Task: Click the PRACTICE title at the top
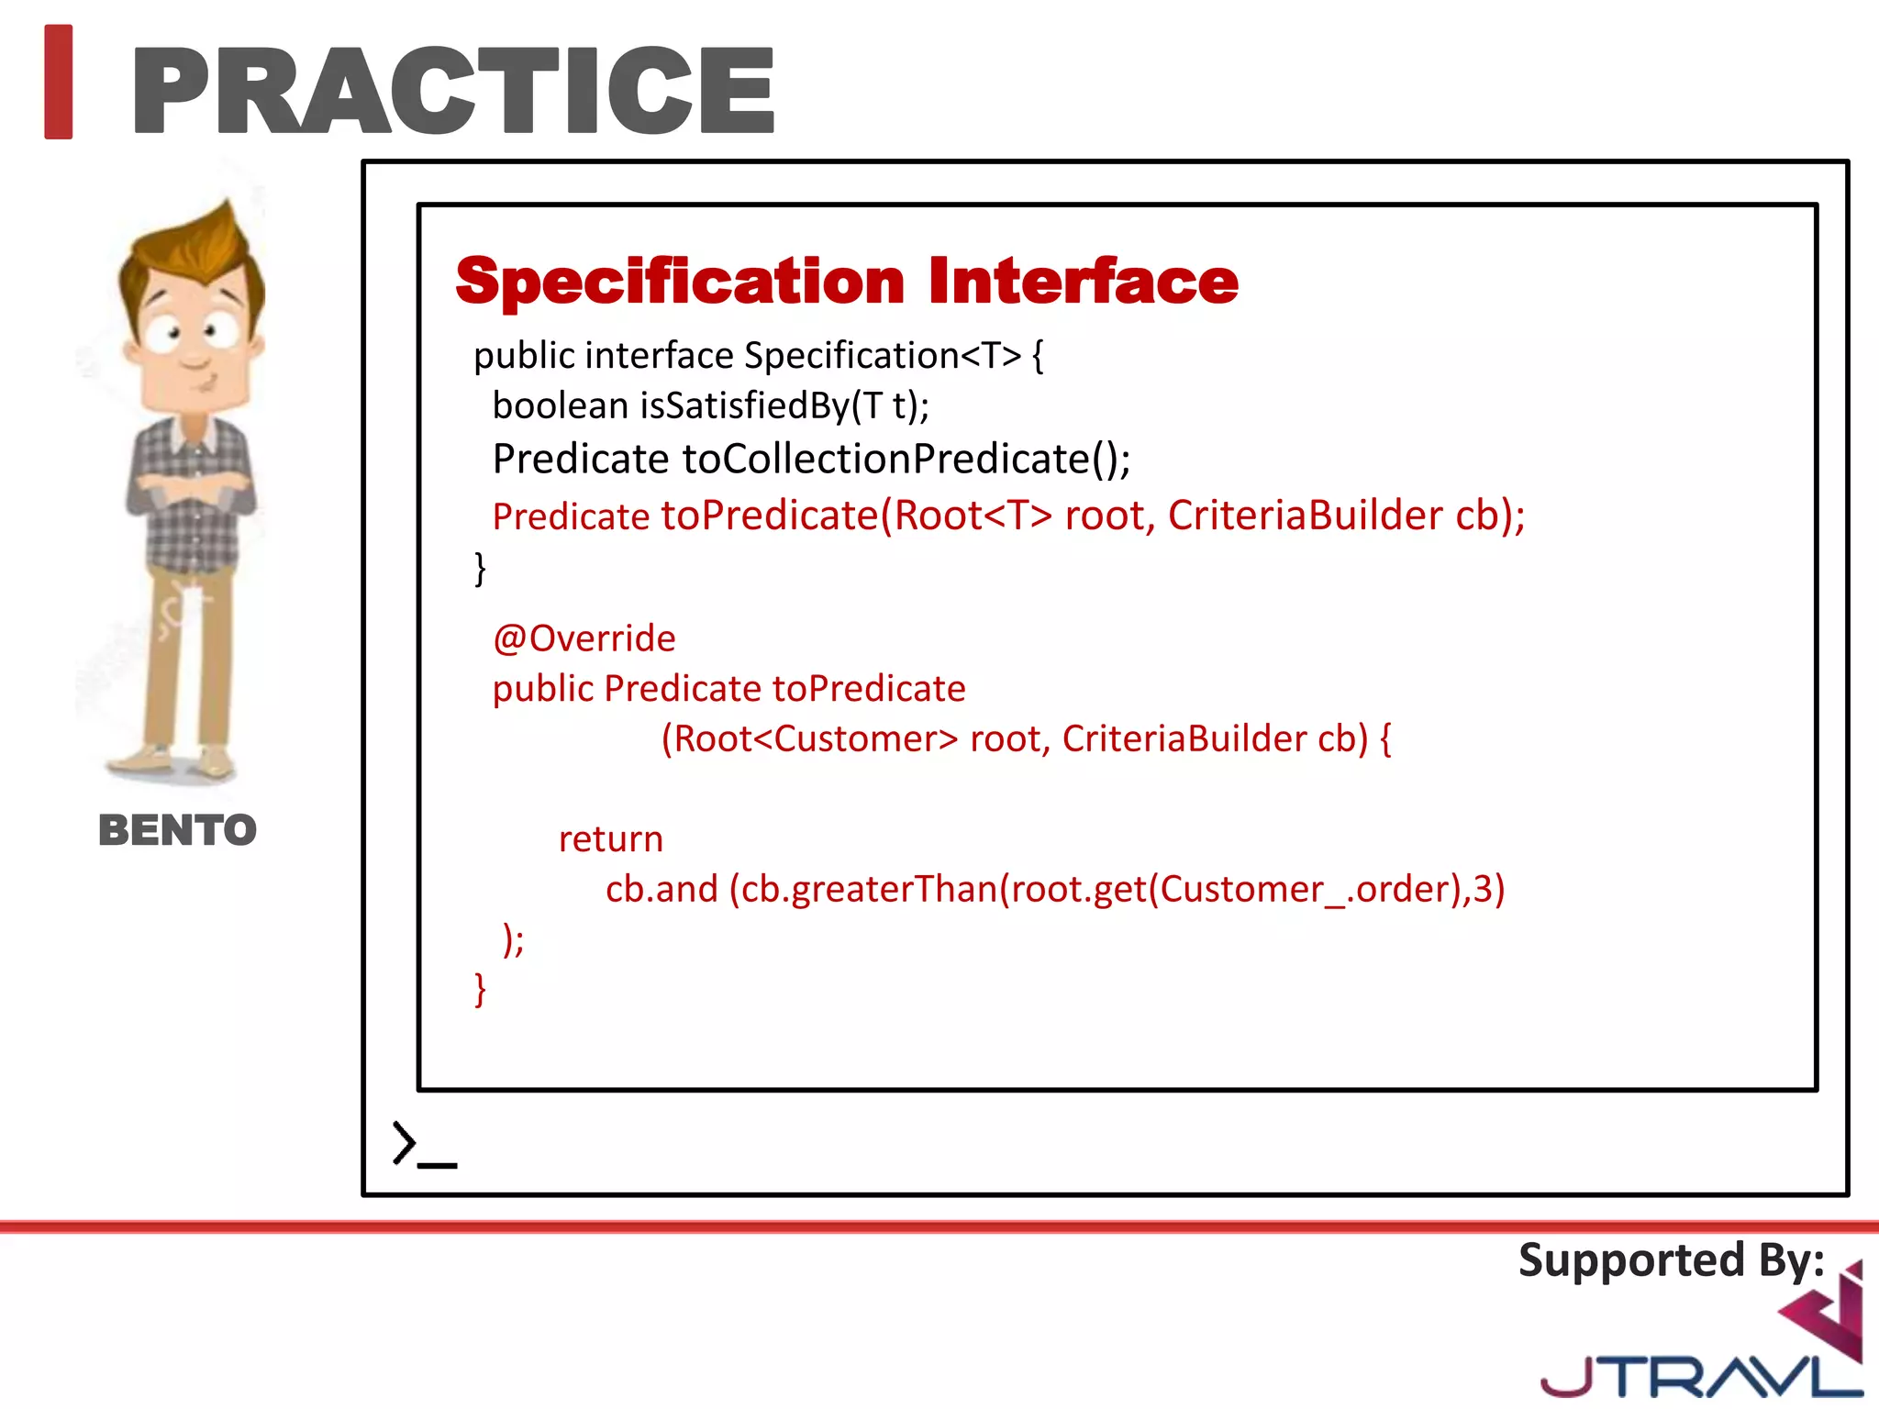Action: [x=454, y=90]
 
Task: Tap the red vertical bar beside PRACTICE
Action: [x=59, y=83]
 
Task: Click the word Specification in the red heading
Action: [x=680, y=282]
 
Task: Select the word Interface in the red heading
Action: [x=1083, y=282]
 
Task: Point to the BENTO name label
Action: [x=177, y=830]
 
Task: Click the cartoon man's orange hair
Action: [x=197, y=248]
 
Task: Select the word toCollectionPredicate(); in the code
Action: [x=906, y=459]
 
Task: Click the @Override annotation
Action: [x=584, y=638]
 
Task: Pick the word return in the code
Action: [x=610, y=839]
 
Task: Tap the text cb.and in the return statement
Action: [x=662, y=890]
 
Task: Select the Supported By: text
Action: [x=1671, y=1259]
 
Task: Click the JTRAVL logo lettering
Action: [x=1697, y=1376]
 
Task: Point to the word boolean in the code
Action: [x=560, y=405]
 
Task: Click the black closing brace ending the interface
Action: [x=480, y=569]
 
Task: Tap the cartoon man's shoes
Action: [x=174, y=763]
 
